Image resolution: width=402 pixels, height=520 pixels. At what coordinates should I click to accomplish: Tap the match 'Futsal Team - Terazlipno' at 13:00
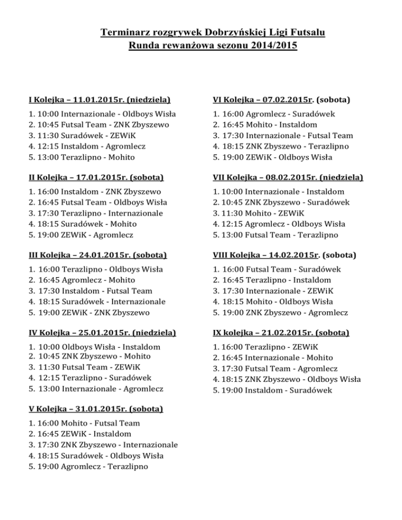pos(285,235)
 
